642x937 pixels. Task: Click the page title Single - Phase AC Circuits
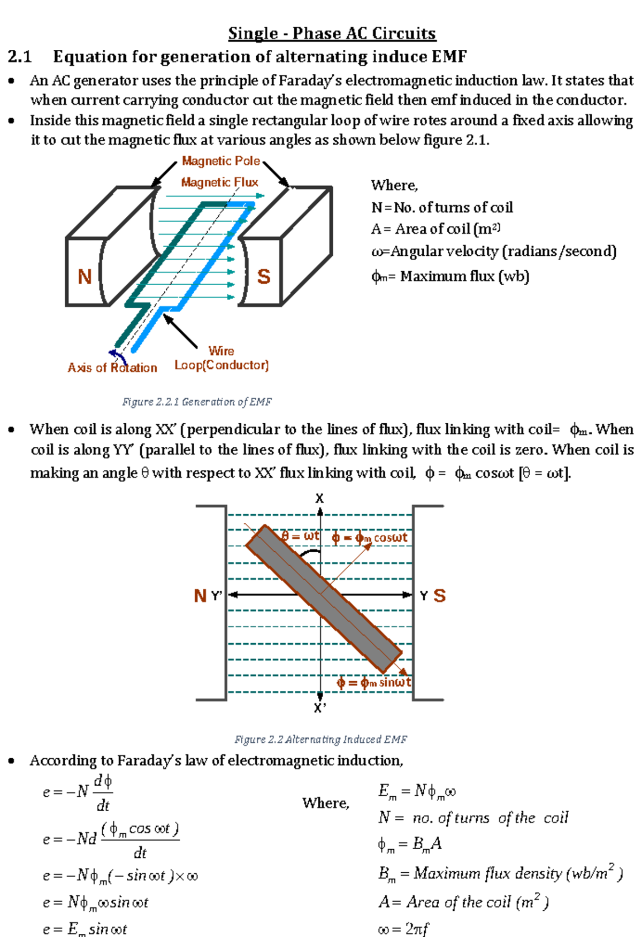332,33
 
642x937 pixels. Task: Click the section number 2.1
20,57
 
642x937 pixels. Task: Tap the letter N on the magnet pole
85,277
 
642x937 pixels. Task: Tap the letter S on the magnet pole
264,277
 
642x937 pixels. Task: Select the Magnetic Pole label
220,161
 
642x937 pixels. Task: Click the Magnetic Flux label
219,182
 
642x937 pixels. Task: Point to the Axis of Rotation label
112,368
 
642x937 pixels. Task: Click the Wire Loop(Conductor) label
221,359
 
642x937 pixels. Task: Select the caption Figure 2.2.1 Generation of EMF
197,401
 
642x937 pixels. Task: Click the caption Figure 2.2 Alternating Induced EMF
320,739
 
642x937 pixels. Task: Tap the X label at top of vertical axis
319,498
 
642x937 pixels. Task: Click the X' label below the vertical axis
319,708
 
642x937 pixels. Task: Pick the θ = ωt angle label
300,536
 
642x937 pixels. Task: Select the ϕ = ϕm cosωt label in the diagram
369,537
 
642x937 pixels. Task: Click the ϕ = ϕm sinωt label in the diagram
374,682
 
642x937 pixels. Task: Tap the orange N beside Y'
201,596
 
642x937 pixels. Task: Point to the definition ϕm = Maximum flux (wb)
450,277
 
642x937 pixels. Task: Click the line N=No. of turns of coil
442,208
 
